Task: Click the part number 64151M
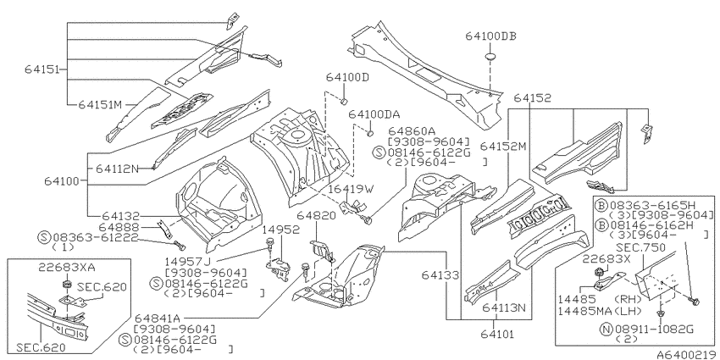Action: coord(102,105)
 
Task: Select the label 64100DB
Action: coord(490,36)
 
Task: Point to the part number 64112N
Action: coord(117,169)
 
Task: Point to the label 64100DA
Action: coord(374,114)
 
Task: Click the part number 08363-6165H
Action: coord(656,205)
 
